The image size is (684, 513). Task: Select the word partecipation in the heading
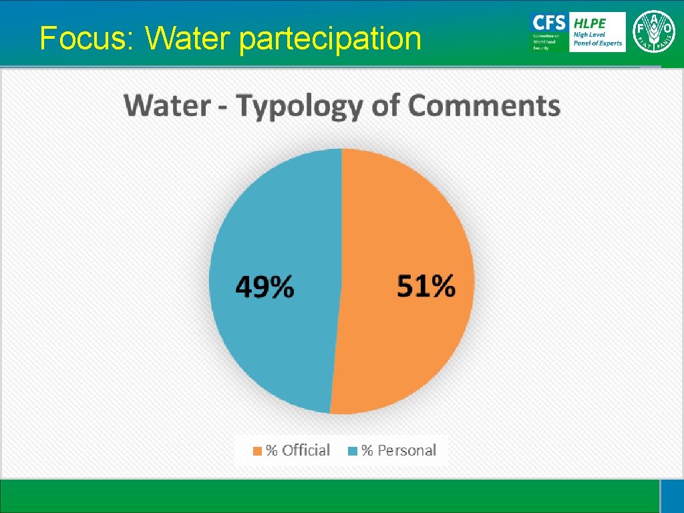coord(330,40)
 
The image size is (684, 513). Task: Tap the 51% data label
coord(426,287)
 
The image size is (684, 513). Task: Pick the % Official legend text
coord(298,450)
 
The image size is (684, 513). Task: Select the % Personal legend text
coord(399,450)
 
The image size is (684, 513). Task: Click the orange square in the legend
coord(257,451)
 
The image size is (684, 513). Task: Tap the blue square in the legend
coord(353,451)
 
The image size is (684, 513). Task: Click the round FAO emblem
coord(653,32)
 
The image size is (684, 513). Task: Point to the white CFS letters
coord(548,21)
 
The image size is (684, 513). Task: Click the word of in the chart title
coord(387,106)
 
